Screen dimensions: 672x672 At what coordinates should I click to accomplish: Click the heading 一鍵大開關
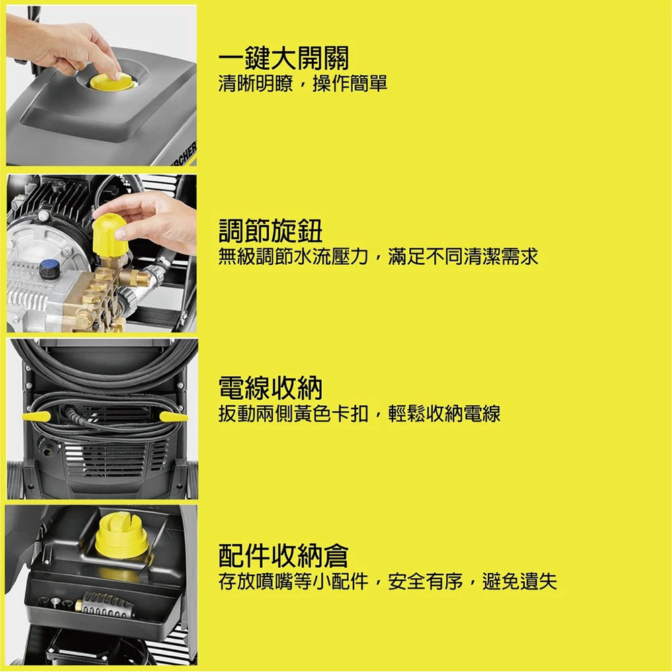point(284,58)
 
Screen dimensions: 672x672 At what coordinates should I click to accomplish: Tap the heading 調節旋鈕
point(271,231)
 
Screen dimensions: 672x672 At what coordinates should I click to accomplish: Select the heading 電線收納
point(271,388)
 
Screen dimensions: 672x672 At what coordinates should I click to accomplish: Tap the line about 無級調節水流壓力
point(378,256)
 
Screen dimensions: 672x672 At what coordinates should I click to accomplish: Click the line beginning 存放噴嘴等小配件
point(388,581)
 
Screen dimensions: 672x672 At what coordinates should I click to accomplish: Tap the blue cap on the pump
point(48,268)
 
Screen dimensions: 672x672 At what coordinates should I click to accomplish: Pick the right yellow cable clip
point(173,417)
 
